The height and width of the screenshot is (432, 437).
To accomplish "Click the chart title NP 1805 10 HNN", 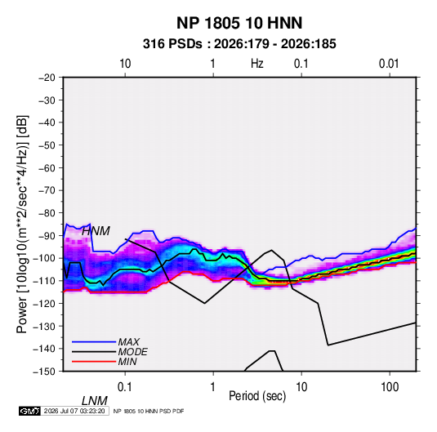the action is point(239,23).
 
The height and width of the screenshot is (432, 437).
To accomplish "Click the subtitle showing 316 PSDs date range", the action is point(239,44).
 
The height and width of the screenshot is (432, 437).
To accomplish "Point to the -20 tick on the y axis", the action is point(47,78).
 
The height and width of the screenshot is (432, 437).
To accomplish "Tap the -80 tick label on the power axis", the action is point(47,213).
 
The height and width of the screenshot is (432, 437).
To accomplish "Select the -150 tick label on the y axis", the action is point(45,372).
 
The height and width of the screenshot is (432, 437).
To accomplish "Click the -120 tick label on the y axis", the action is point(45,303).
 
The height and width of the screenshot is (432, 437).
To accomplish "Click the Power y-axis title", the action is point(22,224).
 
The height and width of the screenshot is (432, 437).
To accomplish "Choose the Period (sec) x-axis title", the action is point(257,396).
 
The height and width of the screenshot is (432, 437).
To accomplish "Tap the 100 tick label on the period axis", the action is point(390,387).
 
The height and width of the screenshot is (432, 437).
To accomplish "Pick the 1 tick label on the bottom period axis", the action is point(213,387).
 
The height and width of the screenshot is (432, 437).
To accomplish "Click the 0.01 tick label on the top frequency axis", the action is point(389,64).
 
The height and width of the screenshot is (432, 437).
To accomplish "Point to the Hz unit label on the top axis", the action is point(257,64).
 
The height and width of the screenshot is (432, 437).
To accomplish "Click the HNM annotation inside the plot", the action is point(96,231).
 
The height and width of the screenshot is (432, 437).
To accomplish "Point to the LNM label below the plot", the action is point(95,401).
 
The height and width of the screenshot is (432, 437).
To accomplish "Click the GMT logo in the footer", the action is point(29,411).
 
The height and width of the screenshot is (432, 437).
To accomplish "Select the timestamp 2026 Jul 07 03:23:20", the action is point(74,411).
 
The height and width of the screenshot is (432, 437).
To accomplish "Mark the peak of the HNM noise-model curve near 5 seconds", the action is point(271,250).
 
